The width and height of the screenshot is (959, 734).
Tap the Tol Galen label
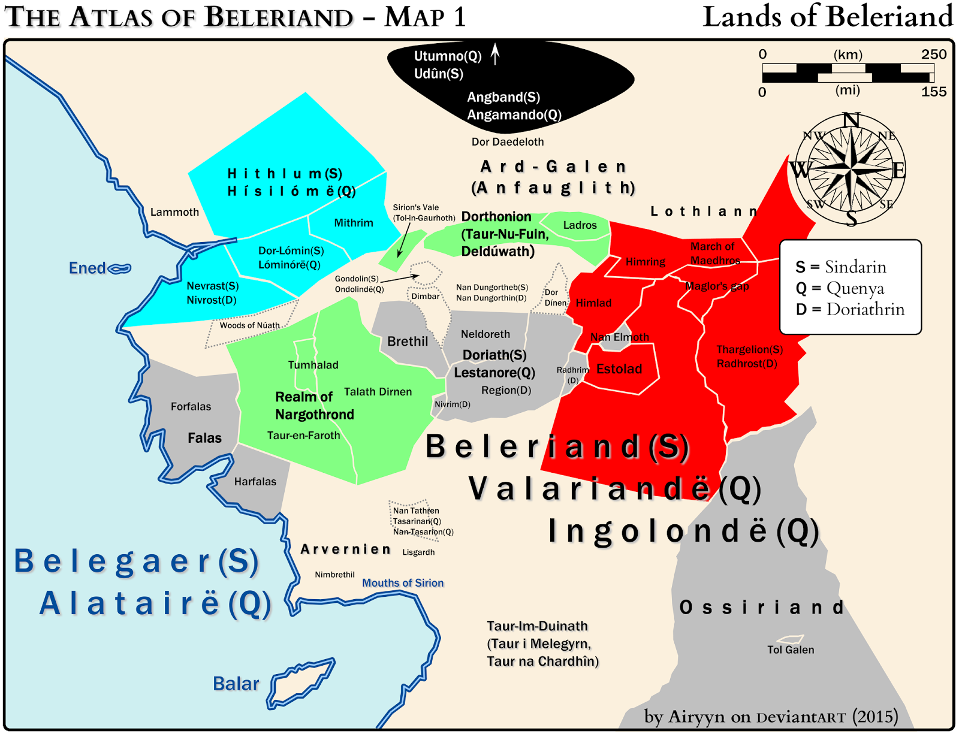point(791,650)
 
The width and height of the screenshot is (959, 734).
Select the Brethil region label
point(408,342)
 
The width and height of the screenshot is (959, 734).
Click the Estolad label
point(619,369)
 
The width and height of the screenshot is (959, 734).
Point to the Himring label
point(646,262)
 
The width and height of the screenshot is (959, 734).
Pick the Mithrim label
point(354,223)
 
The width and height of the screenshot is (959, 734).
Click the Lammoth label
point(174,212)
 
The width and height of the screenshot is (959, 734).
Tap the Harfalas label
point(255,482)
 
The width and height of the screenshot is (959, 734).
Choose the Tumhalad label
point(313,365)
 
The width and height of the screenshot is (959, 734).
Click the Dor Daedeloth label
point(508,142)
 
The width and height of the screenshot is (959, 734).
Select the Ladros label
point(580,225)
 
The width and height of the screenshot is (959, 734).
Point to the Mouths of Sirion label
point(403,583)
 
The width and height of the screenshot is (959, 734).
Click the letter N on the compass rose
point(851,120)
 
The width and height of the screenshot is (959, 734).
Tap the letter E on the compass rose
point(898,171)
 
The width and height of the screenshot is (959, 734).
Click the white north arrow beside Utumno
point(495,54)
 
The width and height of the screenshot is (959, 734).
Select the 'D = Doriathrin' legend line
point(850,309)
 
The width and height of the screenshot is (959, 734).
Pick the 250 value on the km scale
point(934,55)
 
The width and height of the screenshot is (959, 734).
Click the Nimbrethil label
point(334,575)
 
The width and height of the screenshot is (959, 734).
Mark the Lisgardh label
point(418,552)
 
